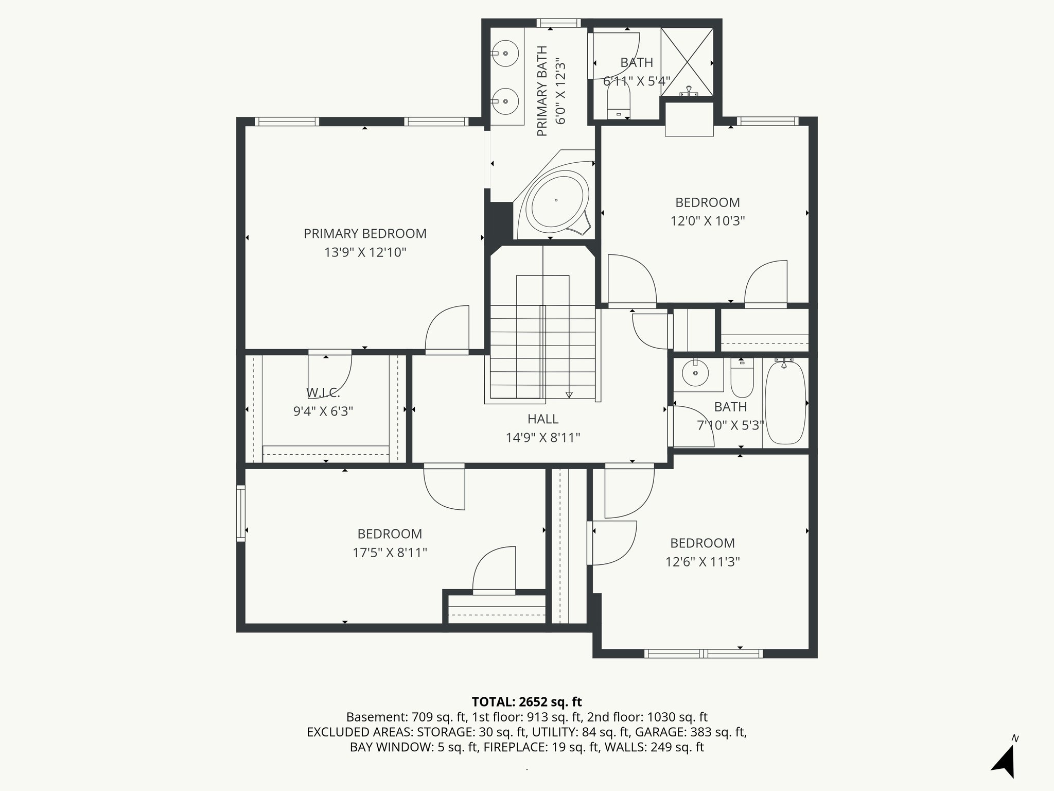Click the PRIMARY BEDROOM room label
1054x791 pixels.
365,234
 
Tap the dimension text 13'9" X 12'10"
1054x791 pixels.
365,253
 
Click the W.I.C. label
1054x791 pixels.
323,393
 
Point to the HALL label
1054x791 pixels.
542,419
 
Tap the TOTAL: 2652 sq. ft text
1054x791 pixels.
526,702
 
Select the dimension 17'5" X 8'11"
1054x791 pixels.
390,553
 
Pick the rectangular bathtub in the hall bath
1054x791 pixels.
785,403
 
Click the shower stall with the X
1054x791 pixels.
687,62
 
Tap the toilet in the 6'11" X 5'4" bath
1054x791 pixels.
619,101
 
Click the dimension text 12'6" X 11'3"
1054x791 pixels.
702,562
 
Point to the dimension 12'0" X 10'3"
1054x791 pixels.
708,221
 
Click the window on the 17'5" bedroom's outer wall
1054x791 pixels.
240,513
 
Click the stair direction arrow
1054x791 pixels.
569,394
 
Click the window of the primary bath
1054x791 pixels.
558,23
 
